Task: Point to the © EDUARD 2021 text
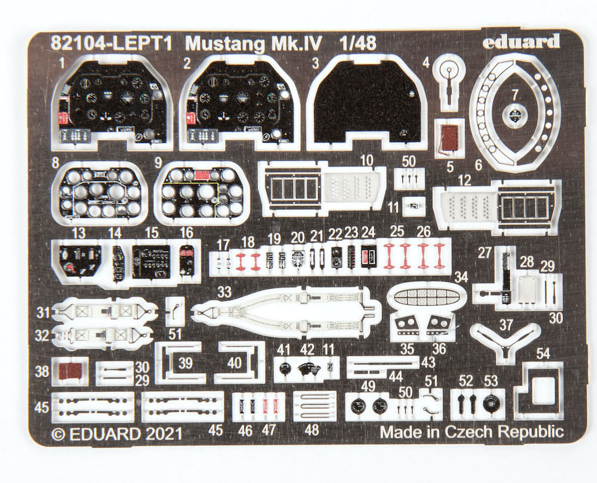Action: [116, 432]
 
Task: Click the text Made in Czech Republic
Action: [472, 431]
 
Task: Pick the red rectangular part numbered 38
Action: [70, 371]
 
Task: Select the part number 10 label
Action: [367, 159]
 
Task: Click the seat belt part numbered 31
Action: [104, 310]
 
